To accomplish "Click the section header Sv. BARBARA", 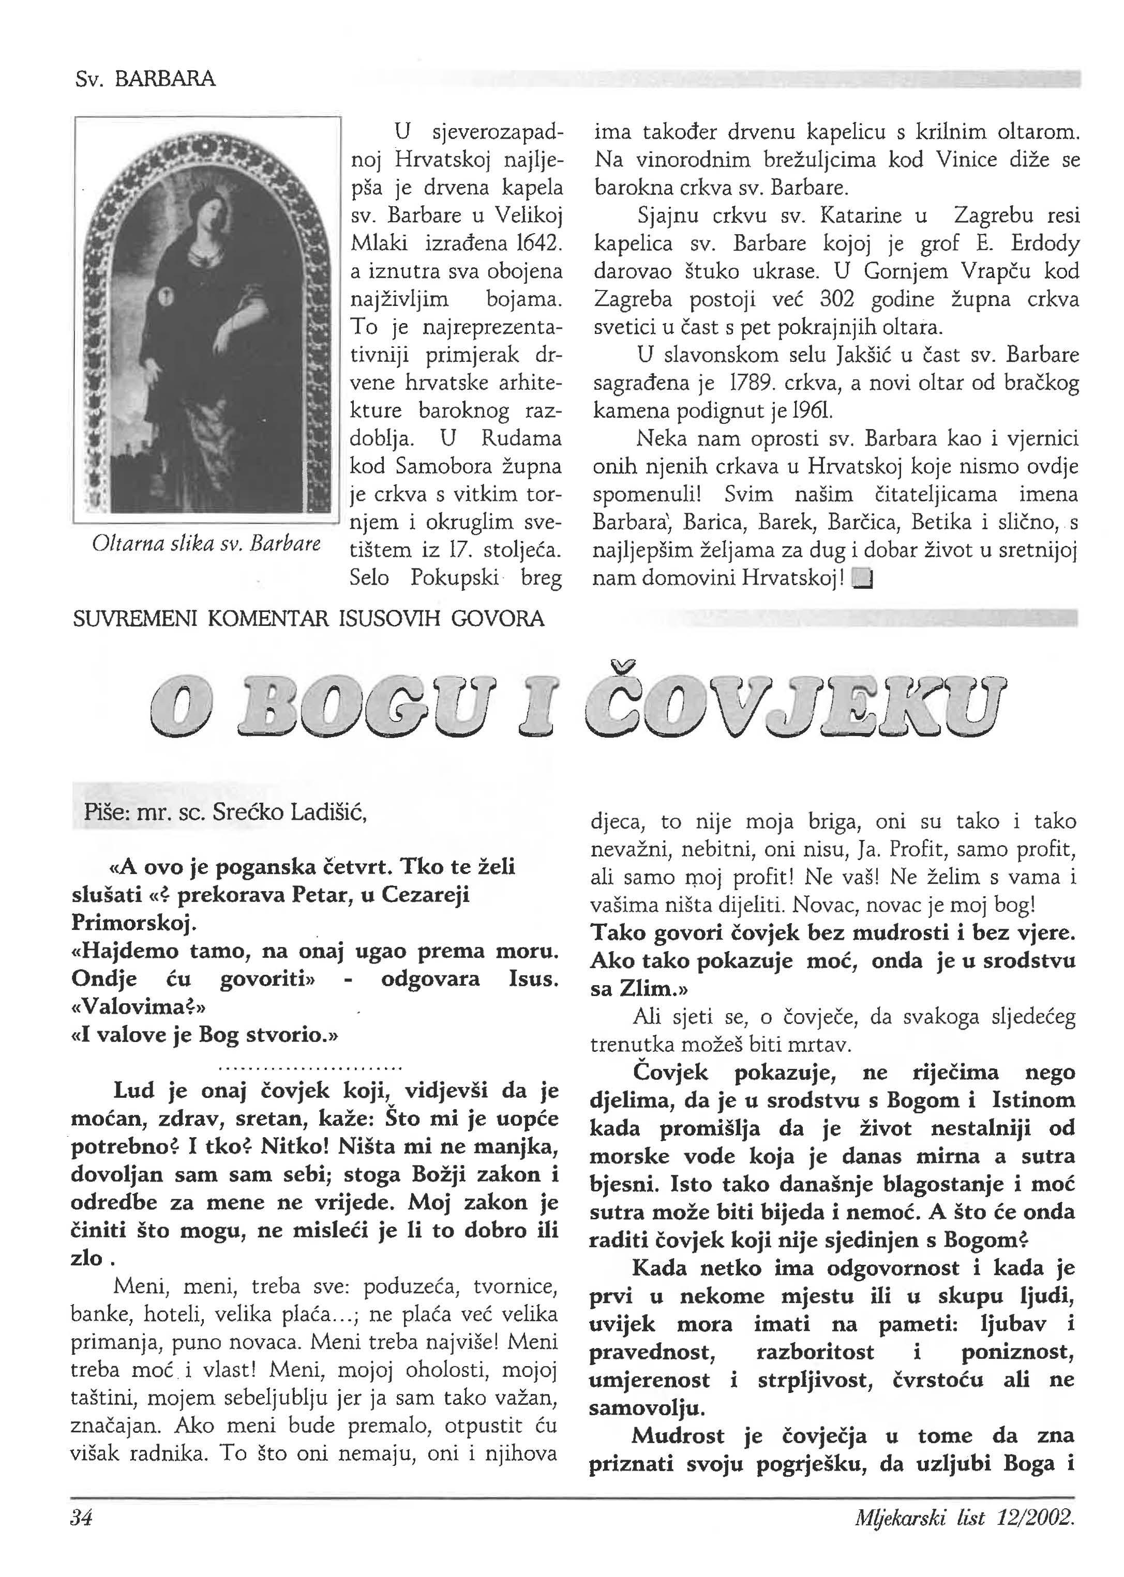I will [x=145, y=80].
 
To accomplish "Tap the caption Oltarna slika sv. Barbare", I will [x=206, y=544].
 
